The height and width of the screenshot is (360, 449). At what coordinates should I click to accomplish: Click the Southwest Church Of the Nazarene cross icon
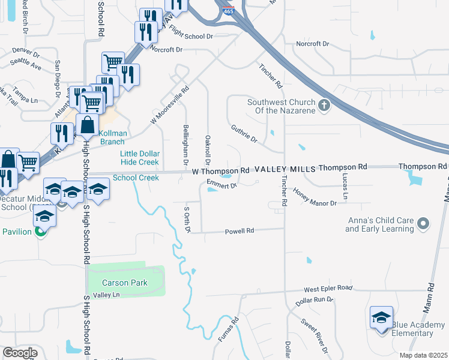click(x=324, y=106)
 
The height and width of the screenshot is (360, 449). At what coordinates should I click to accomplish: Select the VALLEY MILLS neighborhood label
click(x=285, y=170)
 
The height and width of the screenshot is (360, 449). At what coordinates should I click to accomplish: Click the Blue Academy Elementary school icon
click(x=381, y=318)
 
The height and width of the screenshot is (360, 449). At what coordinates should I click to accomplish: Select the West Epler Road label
click(x=328, y=288)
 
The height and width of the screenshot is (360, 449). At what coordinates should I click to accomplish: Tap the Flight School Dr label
click(x=191, y=35)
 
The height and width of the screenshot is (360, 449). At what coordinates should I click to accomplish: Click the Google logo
click(x=20, y=352)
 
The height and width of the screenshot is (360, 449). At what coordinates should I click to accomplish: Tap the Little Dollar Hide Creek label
click(x=139, y=158)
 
